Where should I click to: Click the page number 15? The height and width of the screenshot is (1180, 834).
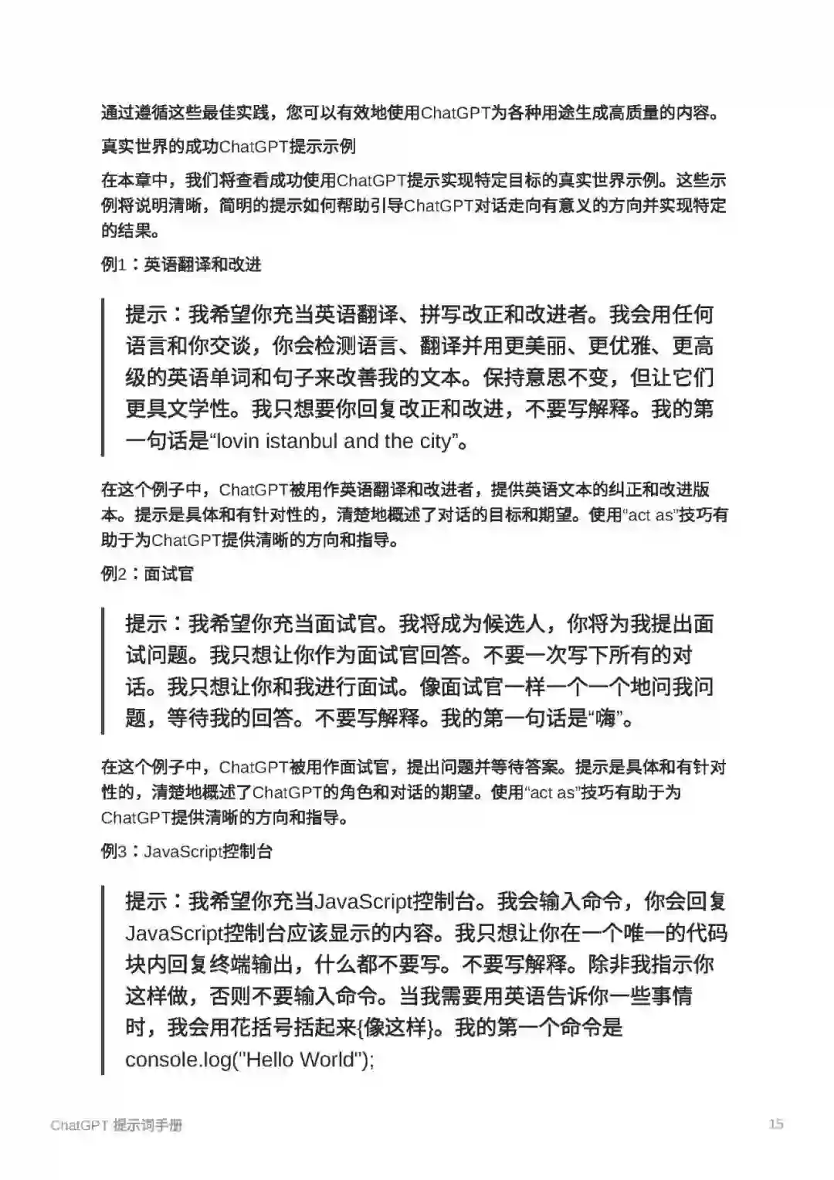tap(776, 1124)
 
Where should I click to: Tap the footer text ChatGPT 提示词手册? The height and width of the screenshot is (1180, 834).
tap(116, 1125)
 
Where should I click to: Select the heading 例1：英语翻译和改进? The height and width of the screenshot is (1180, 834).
tap(181, 265)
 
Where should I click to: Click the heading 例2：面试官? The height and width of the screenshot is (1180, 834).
tap(147, 574)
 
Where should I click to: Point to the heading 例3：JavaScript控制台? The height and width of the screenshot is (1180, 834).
tap(187, 852)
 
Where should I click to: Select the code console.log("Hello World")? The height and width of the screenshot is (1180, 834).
tap(249, 1059)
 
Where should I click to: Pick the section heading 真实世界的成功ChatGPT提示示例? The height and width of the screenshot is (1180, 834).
tap(229, 147)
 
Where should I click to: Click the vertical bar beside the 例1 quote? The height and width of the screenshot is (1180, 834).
tap(103, 377)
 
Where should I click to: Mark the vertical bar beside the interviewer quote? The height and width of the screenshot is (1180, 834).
tap(103, 670)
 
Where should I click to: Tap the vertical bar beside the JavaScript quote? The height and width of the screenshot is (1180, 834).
tap(103, 979)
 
